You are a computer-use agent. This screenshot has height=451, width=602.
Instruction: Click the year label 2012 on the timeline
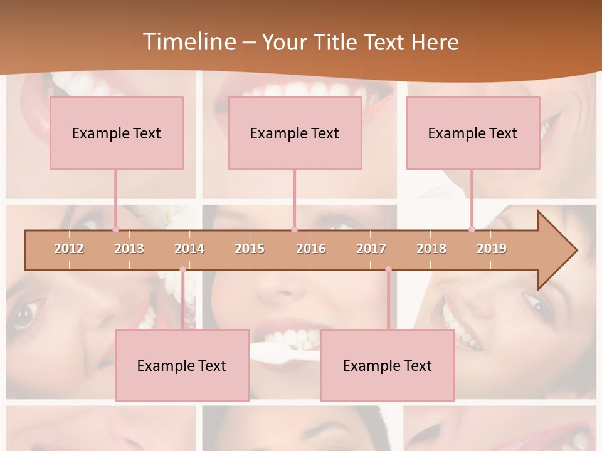(x=69, y=249)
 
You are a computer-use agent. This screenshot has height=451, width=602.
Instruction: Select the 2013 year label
(x=129, y=249)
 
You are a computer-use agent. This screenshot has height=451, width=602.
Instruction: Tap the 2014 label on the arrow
(x=189, y=249)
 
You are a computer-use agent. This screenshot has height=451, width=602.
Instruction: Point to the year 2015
(x=250, y=249)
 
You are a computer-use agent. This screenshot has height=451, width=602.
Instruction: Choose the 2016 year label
(x=311, y=249)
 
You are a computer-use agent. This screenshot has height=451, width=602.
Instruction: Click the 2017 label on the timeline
(x=371, y=249)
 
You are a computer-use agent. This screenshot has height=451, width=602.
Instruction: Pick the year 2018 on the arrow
(x=431, y=249)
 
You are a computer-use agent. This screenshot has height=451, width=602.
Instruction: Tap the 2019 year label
(x=492, y=249)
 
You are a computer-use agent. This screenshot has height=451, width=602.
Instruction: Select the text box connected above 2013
(x=117, y=133)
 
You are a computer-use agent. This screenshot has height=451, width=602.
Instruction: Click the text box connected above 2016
(x=295, y=133)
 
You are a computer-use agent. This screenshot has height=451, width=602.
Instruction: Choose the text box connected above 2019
(x=473, y=133)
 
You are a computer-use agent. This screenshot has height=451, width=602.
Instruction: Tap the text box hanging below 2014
(x=182, y=365)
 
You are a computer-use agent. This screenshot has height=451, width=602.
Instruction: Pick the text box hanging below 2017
(x=388, y=365)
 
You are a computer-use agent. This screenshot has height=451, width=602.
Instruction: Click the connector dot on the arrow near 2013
(x=115, y=230)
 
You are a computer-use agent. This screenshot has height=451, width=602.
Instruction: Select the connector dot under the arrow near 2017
(x=388, y=269)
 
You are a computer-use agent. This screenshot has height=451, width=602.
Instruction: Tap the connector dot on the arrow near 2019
(x=472, y=230)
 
